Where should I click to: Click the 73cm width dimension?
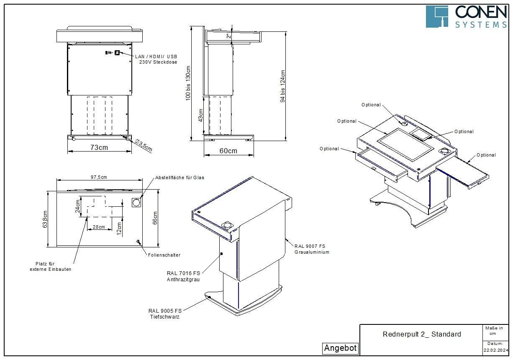99,147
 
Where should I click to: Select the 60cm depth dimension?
228,151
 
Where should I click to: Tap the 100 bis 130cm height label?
188,83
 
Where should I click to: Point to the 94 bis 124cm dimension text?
283,86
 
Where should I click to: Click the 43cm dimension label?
200,116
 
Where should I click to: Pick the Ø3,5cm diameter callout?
144,145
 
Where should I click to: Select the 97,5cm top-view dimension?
99,177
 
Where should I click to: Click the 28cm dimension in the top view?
99,227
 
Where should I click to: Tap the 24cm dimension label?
78,206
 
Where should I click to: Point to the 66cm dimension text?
155,218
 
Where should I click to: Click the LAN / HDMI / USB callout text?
156,57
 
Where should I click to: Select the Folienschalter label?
164,255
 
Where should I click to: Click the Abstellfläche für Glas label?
180,177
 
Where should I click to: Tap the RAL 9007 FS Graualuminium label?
312,249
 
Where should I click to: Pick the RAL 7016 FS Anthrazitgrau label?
183,276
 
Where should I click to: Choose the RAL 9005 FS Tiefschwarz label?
165,314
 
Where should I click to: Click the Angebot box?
340,348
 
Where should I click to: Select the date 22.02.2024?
496,350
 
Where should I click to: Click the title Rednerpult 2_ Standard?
422,334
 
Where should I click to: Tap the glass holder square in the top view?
136,203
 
